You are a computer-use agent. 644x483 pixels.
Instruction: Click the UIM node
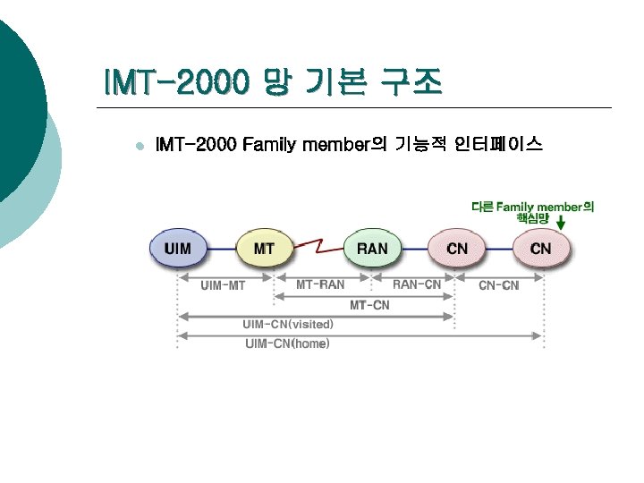click(178, 248)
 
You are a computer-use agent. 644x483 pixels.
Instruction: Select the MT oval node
click(264, 248)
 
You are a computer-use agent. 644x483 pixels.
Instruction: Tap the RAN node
click(372, 248)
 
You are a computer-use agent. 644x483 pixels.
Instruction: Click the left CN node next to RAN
click(457, 248)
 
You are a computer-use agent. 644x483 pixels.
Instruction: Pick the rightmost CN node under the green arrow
click(541, 248)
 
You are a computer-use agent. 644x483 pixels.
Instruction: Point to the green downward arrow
click(560, 218)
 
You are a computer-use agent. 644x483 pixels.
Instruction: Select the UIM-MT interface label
click(224, 285)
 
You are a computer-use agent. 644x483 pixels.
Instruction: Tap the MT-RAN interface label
click(320, 284)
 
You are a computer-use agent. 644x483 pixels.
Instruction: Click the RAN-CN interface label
click(417, 284)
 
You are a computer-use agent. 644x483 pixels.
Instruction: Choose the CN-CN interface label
click(498, 285)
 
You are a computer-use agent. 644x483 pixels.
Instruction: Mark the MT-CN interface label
click(369, 305)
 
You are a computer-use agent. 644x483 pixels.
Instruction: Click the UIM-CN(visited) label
click(288, 324)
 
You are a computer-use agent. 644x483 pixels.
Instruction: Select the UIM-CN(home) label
click(287, 343)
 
